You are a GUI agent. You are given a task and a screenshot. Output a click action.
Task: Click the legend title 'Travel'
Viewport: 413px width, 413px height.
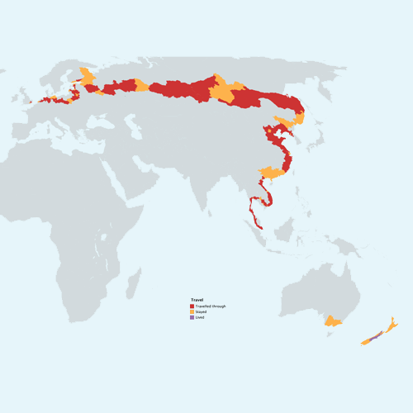(x=197, y=301)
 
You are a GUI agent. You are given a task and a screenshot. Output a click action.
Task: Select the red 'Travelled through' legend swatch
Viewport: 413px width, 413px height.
(x=192, y=306)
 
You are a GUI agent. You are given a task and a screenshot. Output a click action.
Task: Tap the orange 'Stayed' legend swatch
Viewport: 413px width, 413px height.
(x=192, y=311)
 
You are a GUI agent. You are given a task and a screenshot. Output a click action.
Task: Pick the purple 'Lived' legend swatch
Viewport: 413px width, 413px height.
(x=192, y=317)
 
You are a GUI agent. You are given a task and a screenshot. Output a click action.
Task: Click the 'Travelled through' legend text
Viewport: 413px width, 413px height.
(x=210, y=306)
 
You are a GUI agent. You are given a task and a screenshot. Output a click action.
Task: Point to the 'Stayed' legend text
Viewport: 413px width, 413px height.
(x=202, y=311)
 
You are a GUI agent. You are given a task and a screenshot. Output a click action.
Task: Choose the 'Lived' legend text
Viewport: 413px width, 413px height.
(x=200, y=317)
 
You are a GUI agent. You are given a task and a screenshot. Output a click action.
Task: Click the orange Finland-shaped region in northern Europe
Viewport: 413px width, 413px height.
(x=86, y=76)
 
